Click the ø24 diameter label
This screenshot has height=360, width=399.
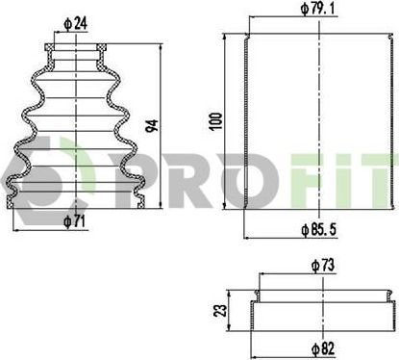click(x=76, y=24)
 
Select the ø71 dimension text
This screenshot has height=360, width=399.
click(x=74, y=221)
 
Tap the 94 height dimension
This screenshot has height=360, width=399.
click(x=152, y=126)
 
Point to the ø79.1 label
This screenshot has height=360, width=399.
click(x=317, y=9)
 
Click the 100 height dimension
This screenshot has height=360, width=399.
click(x=215, y=121)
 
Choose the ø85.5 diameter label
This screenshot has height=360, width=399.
click(x=318, y=229)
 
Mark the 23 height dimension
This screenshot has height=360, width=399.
click(x=220, y=311)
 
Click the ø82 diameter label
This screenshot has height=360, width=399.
click(x=323, y=348)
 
